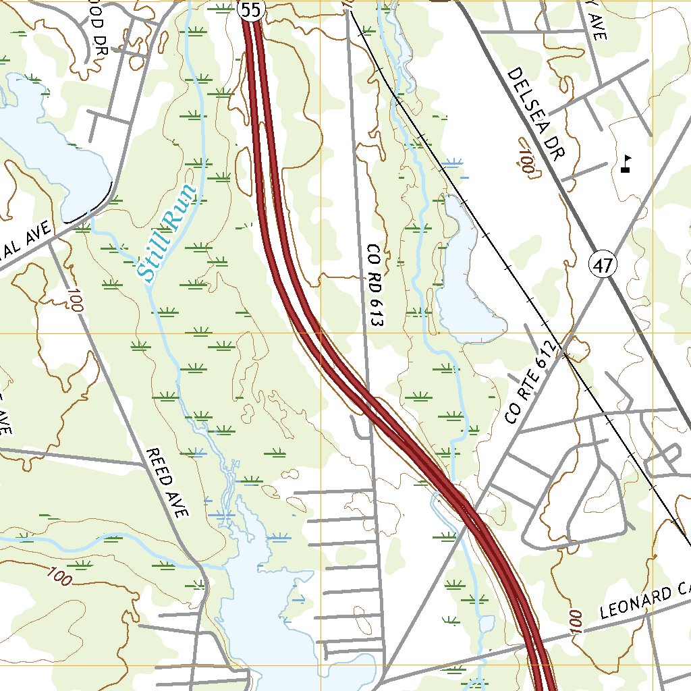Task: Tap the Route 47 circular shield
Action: pyautogui.click(x=603, y=265)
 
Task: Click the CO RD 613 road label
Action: pyautogui.click(x=375, y=286)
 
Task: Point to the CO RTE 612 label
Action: pyautogui.click(x=532, y=383)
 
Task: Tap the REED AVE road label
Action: pyautogui.click(x=166, y=482)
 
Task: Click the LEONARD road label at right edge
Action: pyautogui.click(x=644, y=603)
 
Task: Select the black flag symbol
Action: pyautogui.click(x=626, y=164)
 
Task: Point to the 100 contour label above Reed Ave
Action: pyautogui.click(x=74, y=299)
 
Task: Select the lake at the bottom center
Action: pyautogui.click(x=270, y=607)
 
